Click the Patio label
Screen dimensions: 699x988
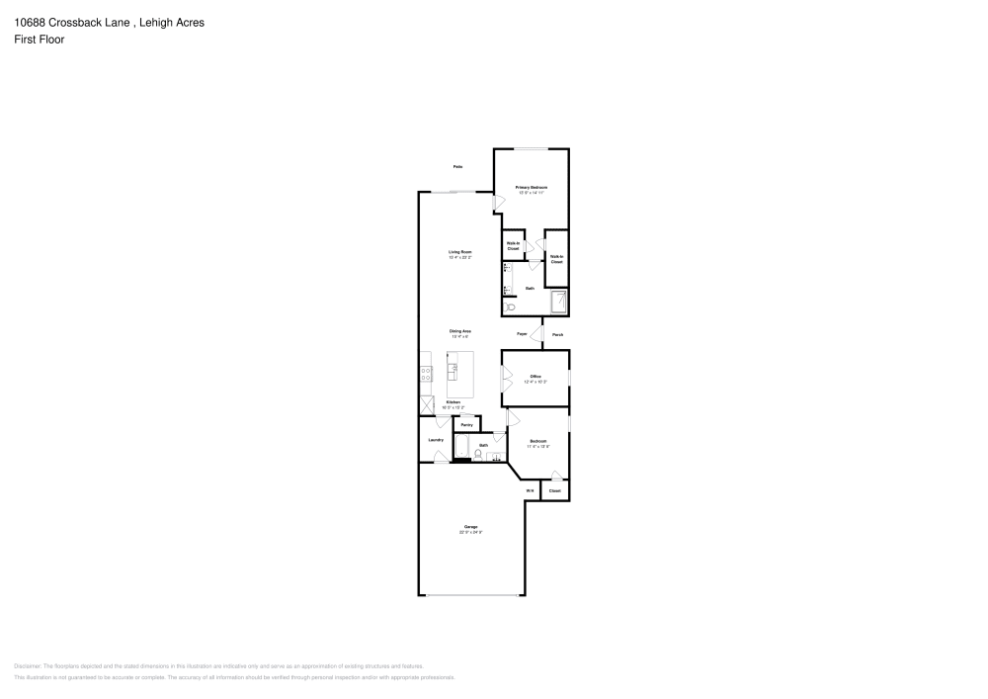click(x=458, y=167)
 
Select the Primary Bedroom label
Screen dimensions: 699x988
click(x=532, y=187)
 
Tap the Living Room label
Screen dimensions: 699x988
click(x=460, y=252)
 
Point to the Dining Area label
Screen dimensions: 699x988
click(x=460, y=331)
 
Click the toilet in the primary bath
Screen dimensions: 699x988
click(x=510, y=307)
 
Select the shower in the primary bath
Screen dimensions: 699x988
click(x=558, y=302)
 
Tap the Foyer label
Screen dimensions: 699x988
click(x=522, y=335)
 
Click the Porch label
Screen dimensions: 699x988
click(x=557, y=335)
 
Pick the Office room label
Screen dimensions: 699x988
click(x=535, y=377)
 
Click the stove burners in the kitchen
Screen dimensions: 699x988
click(x=426, y=374)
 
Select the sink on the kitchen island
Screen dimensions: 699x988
click(x=453, y=372)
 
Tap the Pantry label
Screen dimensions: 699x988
click(x=467, y=424)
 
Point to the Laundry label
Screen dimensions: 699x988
click(x=435, y=440)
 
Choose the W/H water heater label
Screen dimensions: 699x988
click(x=530, y=490)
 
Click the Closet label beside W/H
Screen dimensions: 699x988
click(x=554, y=490)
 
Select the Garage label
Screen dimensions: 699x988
click(x=470, y=527)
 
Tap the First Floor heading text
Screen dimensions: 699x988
click(x=39, y=40)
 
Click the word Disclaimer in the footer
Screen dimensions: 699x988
click(x=28, y=666)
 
